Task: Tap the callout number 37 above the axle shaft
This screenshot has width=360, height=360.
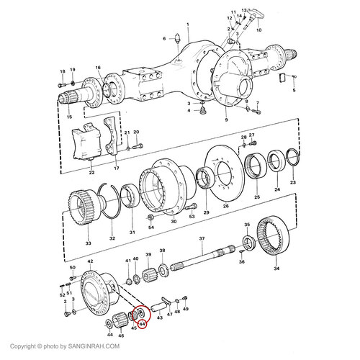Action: click(x=202, y=238)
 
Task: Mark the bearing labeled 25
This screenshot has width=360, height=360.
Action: click(x=255, y=169)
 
